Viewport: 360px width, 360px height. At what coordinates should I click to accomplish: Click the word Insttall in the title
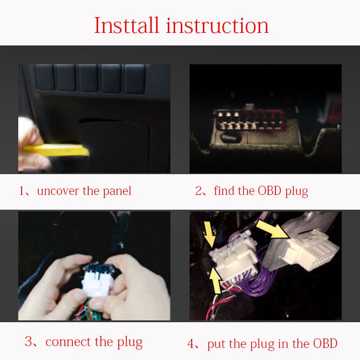click(x=126, y=25)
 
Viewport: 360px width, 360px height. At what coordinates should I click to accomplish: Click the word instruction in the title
click(x=217, y=25)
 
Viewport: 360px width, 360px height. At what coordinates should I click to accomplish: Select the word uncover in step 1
click(x=58, y=191)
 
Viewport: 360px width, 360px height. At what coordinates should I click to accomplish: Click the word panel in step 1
click(x=117, y=191)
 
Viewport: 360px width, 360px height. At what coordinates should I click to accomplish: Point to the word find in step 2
click(x=224, y=190)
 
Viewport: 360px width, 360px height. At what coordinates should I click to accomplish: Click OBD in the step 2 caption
click(x=270, y=190)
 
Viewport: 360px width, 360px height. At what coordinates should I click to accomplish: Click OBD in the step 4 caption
click(x=325, y=343)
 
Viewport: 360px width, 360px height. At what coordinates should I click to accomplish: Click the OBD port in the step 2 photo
click(x=250, y=119)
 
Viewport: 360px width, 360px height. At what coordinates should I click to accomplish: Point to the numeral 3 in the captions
click(x=29, y=342)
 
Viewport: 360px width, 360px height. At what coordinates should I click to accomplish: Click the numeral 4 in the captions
click(x=191, y=344)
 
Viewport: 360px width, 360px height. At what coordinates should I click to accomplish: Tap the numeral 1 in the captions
click(x=22, y=191)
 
